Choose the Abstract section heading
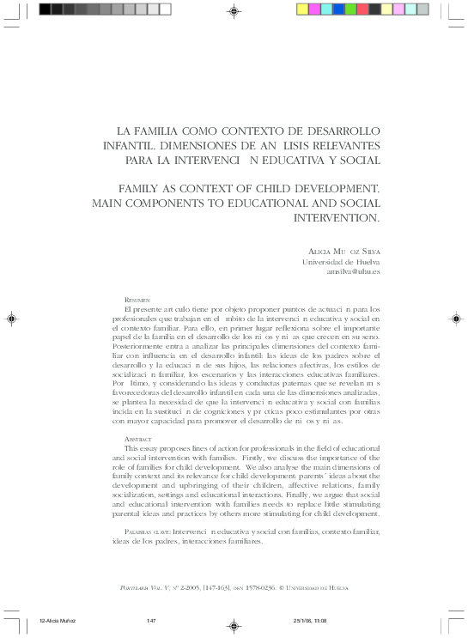(x=138, y=439)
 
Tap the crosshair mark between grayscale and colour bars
(x=234, y=10)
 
